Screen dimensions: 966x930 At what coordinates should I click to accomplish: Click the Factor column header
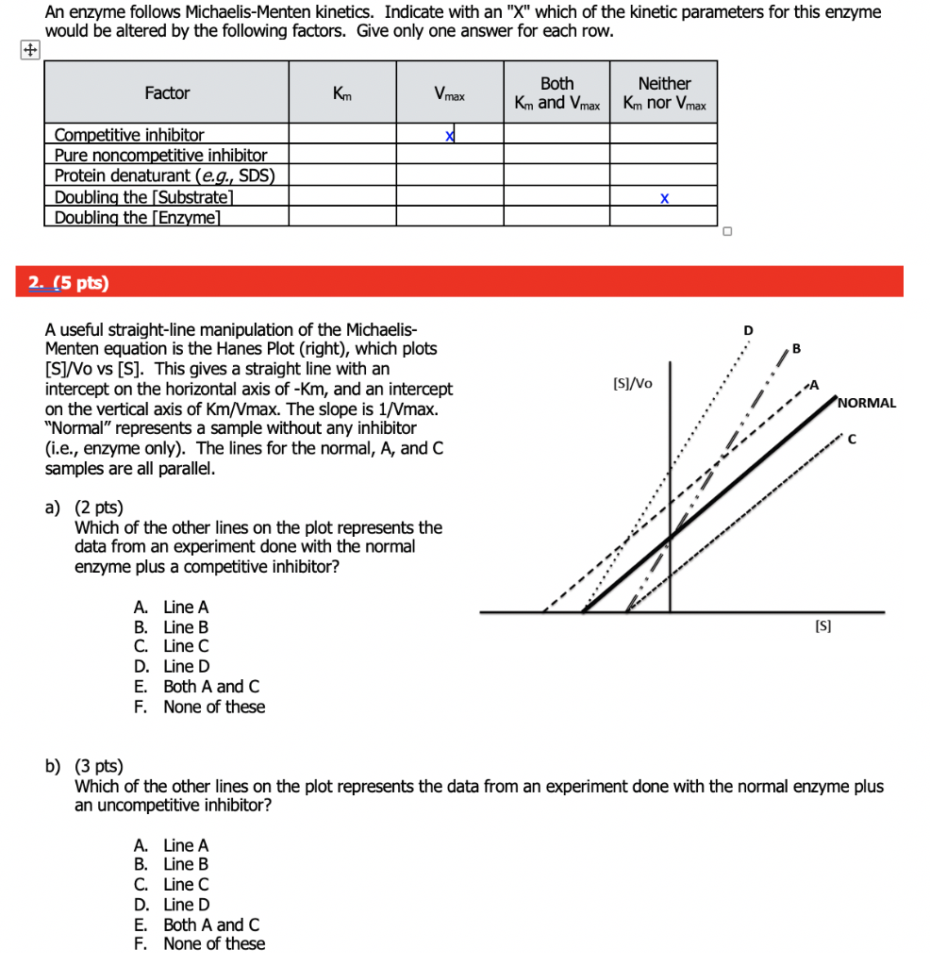pos(167,92)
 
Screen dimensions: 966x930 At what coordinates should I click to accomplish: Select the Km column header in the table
pos(342,92)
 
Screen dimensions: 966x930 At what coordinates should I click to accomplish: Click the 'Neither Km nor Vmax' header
pos(664,93)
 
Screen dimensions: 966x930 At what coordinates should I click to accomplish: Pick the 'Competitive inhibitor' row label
pos(129,135)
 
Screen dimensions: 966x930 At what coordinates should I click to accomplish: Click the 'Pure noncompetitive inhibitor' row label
pos(160,155)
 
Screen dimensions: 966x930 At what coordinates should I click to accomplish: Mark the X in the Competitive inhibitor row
pos(450,136)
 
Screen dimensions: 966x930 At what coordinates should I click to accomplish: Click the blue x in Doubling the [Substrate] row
pos(664,198)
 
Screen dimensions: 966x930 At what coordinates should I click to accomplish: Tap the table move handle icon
pos(32,53)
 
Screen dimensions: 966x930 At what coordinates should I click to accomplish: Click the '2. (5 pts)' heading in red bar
pos(69,283)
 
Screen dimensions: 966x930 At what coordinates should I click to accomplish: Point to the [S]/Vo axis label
pos(632,383)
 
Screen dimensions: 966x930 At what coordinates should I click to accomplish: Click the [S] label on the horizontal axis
pos(822,626)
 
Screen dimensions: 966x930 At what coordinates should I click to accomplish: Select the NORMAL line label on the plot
pos(867,403)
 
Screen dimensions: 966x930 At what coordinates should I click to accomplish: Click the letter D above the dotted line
pos(748,330)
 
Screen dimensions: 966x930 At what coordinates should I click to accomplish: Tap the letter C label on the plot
pos(852,439)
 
